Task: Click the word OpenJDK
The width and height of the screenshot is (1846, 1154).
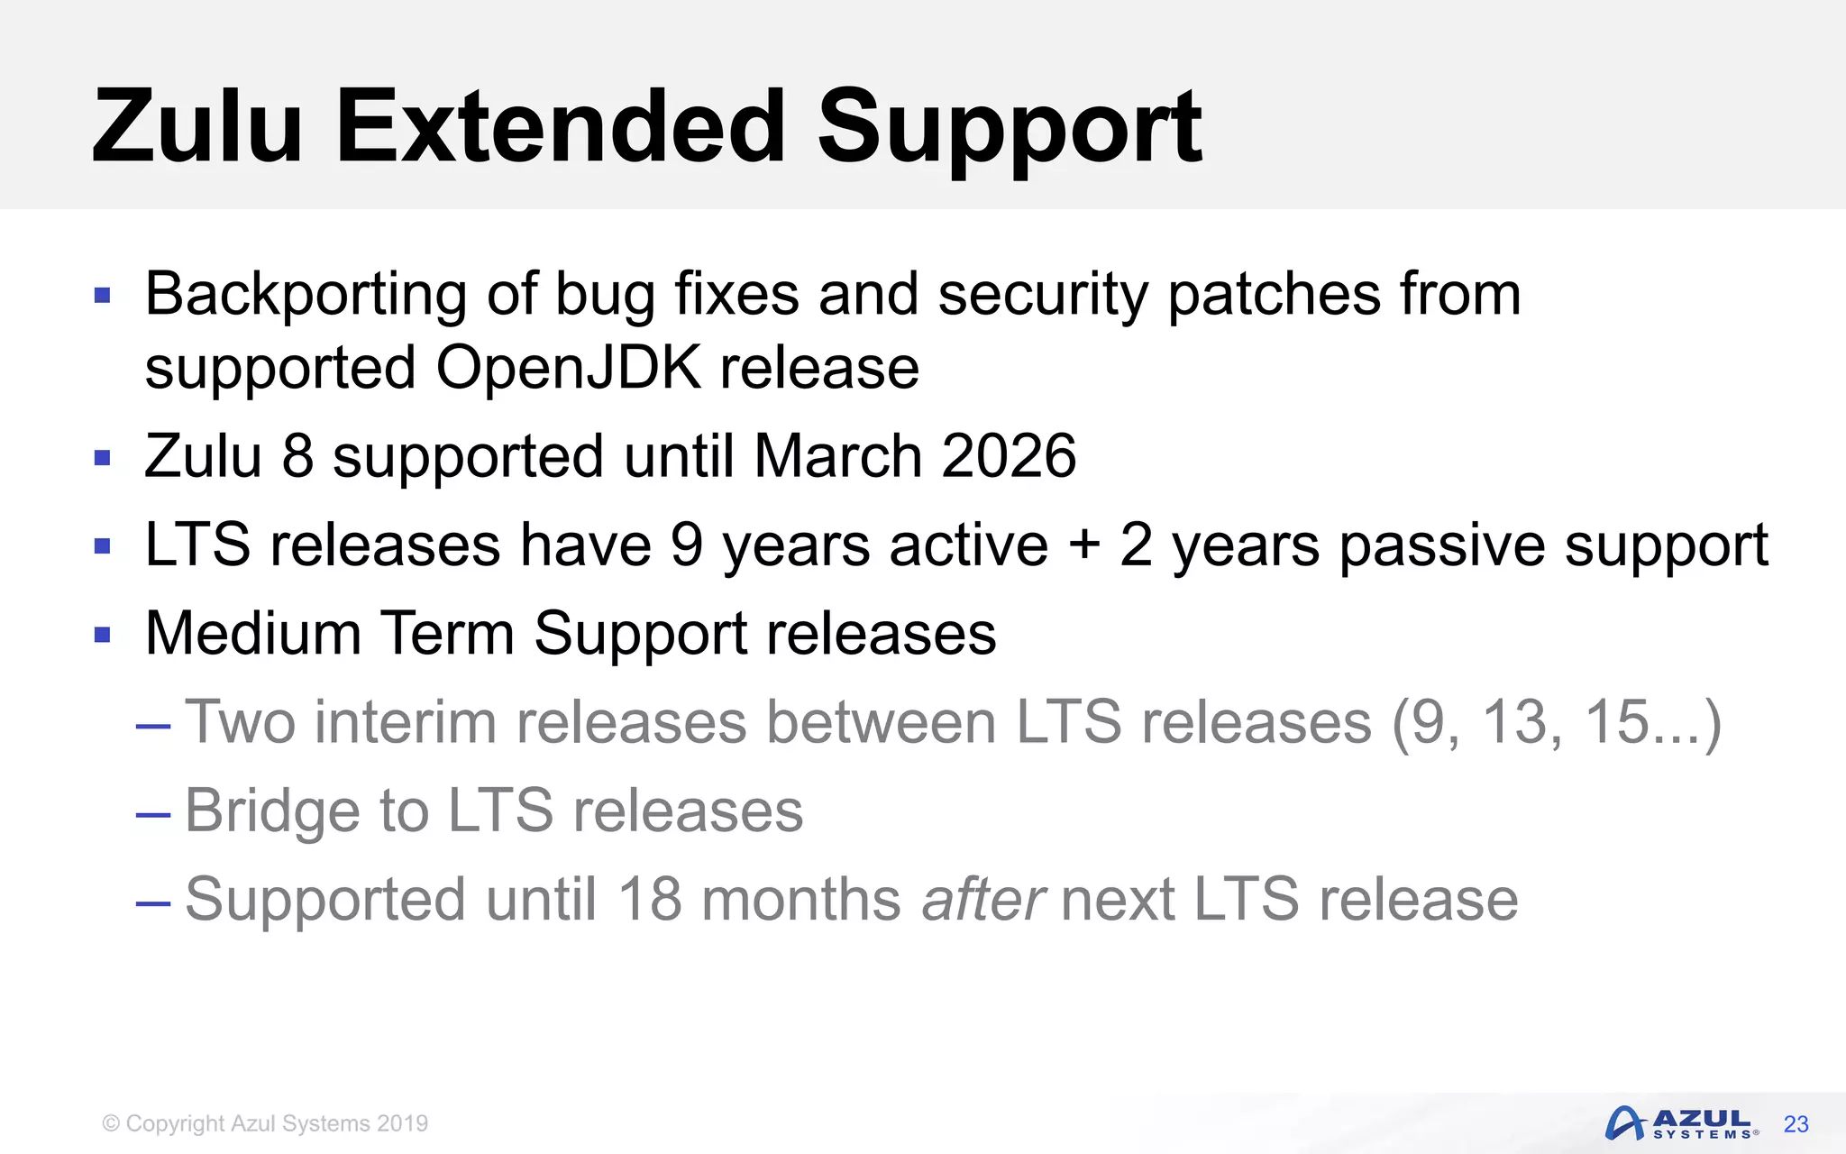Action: click(568, 368)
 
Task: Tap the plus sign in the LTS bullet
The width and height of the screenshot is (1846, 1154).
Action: click(1084, 545)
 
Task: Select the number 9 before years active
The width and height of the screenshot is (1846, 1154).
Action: click(687, 545)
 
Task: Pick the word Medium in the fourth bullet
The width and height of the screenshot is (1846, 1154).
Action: click(253, 633)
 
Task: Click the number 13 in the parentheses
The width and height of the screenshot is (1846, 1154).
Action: click(1521, 722)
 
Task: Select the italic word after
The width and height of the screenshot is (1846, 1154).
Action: click(983, 900)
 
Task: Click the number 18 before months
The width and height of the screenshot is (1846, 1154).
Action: click(649, 900)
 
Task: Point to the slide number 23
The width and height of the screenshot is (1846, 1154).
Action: click(1796, 1124)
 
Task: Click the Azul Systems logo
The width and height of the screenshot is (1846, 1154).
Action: click(1680, 1123)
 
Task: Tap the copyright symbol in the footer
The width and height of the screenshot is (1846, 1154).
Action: click(111, 1123)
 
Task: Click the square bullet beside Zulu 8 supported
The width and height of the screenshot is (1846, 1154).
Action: click(103, 458)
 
